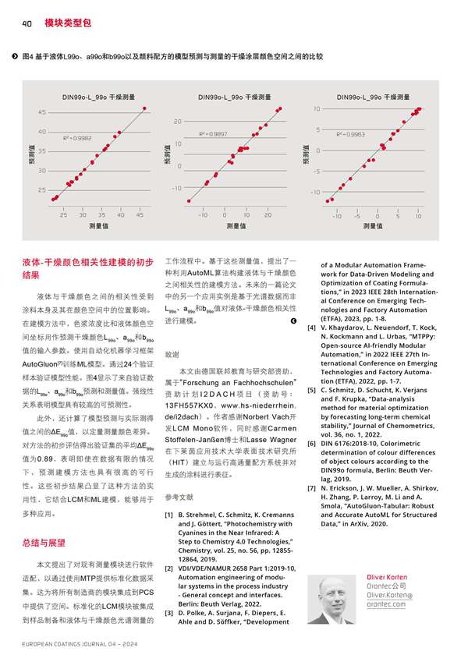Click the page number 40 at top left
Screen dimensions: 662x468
[26, 23]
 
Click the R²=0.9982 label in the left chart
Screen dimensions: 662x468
[76, 137]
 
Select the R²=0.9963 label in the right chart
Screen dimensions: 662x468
[350, 134]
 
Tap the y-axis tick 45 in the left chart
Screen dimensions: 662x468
[41, 112]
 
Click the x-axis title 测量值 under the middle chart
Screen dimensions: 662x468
[236, 225]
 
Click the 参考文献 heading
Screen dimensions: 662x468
[180, 496]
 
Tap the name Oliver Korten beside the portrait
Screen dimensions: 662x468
[386, 575]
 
